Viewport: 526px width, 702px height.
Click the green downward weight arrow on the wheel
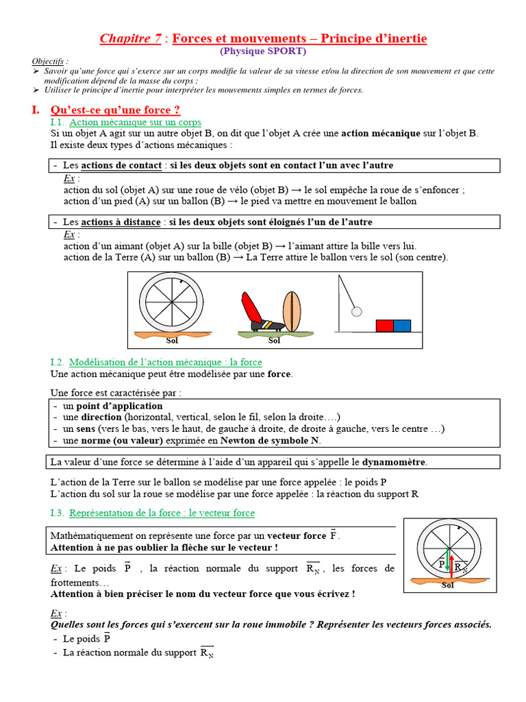(x=447, y=559)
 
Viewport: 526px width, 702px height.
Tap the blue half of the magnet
(x=402, y=325)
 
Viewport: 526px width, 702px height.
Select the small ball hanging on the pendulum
(x=356, y=311)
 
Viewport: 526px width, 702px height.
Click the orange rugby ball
(x=292, y=311)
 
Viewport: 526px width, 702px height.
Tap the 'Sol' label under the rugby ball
(x=274, y=341)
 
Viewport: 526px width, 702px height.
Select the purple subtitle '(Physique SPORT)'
(x=263, y=51)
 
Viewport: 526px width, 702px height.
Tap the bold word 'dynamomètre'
(x=394, y=461)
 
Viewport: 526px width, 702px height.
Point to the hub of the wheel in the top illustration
(x=171, y=302)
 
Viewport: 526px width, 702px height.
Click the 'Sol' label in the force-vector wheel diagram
(x=447, y=585)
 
